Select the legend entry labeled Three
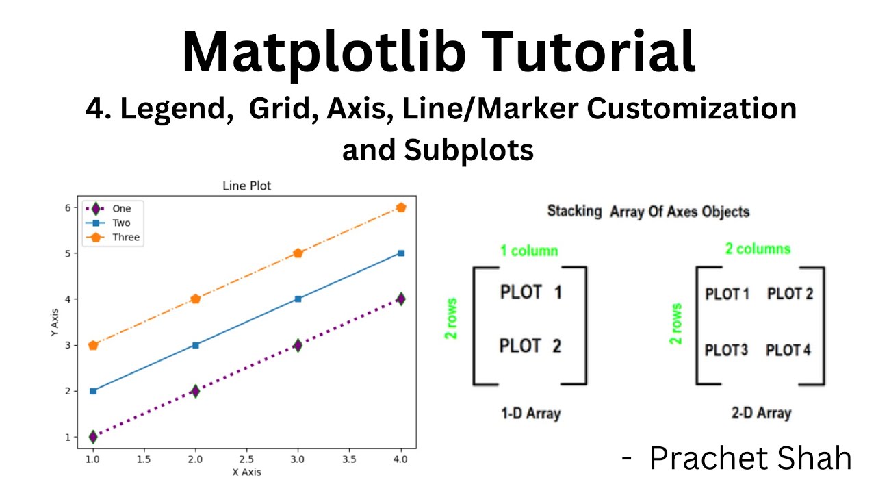(126, 238)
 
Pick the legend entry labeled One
(121, 209)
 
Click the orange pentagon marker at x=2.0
(196, 299)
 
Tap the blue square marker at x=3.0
(298, 299)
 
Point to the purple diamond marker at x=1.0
(93, 436)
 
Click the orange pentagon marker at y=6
(401, 207)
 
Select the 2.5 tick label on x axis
(246, 459)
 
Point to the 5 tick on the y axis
(68, 253)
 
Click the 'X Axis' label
(246, 472)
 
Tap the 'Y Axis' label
(54, 322)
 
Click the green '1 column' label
(529, 251)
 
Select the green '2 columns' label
(758, 249)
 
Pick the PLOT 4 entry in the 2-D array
(788, 351)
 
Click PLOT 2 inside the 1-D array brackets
(530, 346)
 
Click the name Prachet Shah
(750, 458)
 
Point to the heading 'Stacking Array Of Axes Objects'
(648, 212)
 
